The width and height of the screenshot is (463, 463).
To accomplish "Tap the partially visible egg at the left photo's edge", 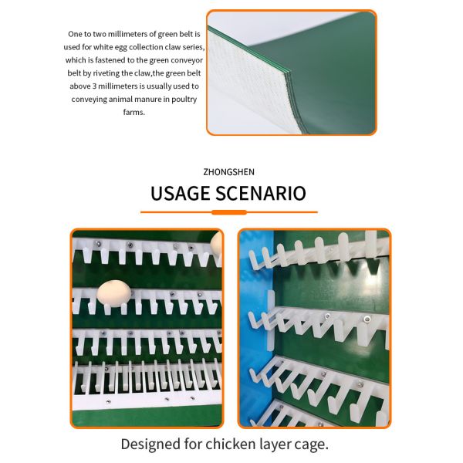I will (x=217, y=246).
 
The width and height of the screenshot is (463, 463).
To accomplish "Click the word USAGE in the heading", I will (x=180, y=193).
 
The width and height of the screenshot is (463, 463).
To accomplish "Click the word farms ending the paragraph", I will (x=133, y=112).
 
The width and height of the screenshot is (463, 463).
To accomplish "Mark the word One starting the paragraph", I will (x=75, y=35).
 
